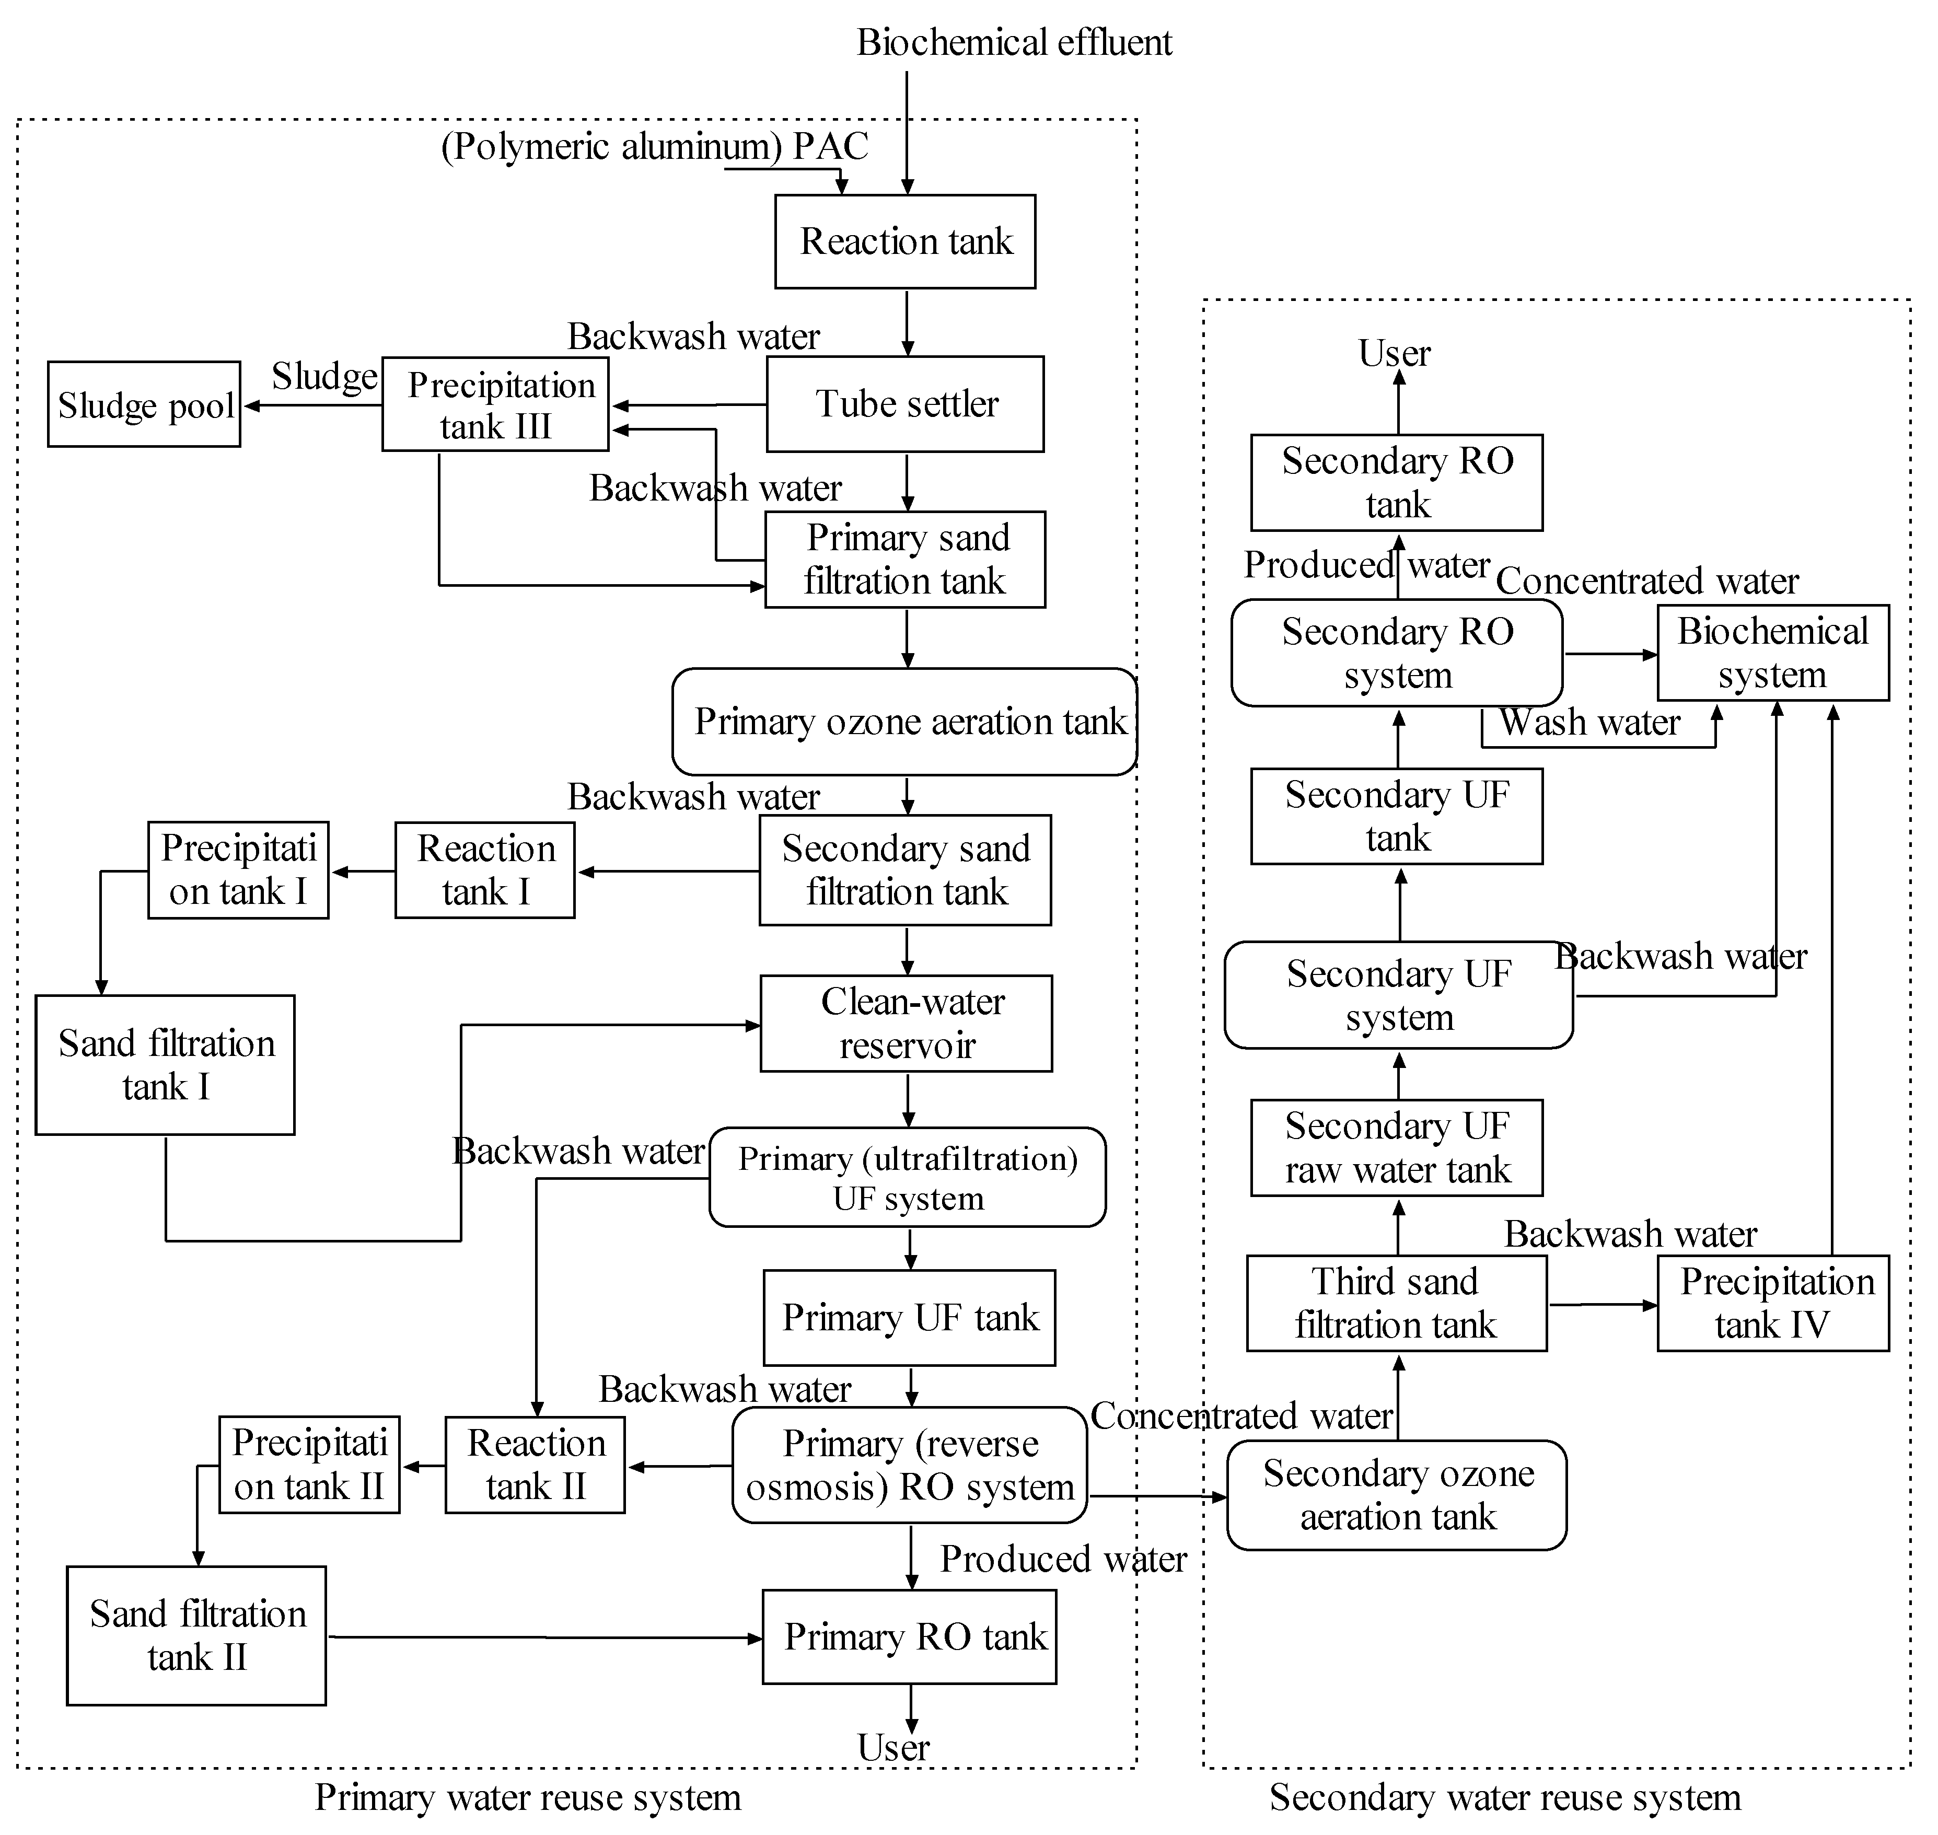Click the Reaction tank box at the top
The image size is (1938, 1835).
click(905, 241)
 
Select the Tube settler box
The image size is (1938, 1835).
click(905, 404)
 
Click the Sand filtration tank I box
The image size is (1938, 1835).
click(165, 1065)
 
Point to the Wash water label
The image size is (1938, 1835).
click(1589, 723)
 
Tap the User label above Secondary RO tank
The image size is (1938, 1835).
click(1394, 353)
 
